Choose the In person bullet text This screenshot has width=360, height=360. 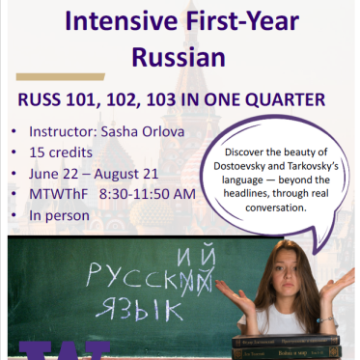coord(60,215)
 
